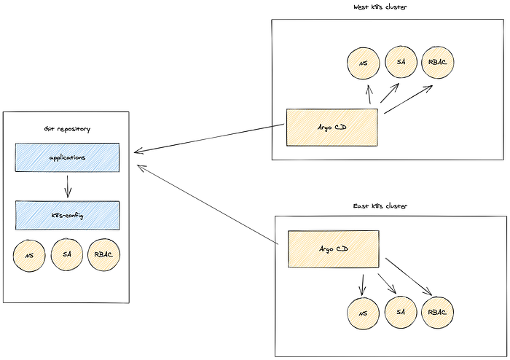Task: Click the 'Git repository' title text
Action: click(x=67, y=129)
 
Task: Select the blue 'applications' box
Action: click(x=67, y=157)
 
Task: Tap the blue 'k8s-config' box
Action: click(x=67, y=215)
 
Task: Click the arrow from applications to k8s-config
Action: click(x=68, y=187)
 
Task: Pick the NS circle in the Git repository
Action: click(x=29, y=256)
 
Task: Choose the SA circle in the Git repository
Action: click(x=67, y=254)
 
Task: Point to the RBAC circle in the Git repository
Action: click(x=104, y=254)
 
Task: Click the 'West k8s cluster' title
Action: click(x=380, y=7)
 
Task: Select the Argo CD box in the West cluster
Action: click(x=332, y=128)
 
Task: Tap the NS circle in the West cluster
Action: click(x=364, y=63)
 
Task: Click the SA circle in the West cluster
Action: click(x=401, y=62)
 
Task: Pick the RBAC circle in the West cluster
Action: click(x=438, y=62)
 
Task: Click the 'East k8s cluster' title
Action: click(x=380, y=206)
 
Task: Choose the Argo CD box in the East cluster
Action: click(x=334, y=249)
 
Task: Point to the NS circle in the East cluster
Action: click(x=363, y=313)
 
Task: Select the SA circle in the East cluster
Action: click(x=401, y=312)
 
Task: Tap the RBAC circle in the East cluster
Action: click(x=437, y=313)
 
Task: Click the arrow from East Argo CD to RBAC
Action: click(x=409, y=277)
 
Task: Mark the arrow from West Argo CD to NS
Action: click(x=369, y=94)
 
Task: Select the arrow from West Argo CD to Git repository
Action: click(x=209, y=138)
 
